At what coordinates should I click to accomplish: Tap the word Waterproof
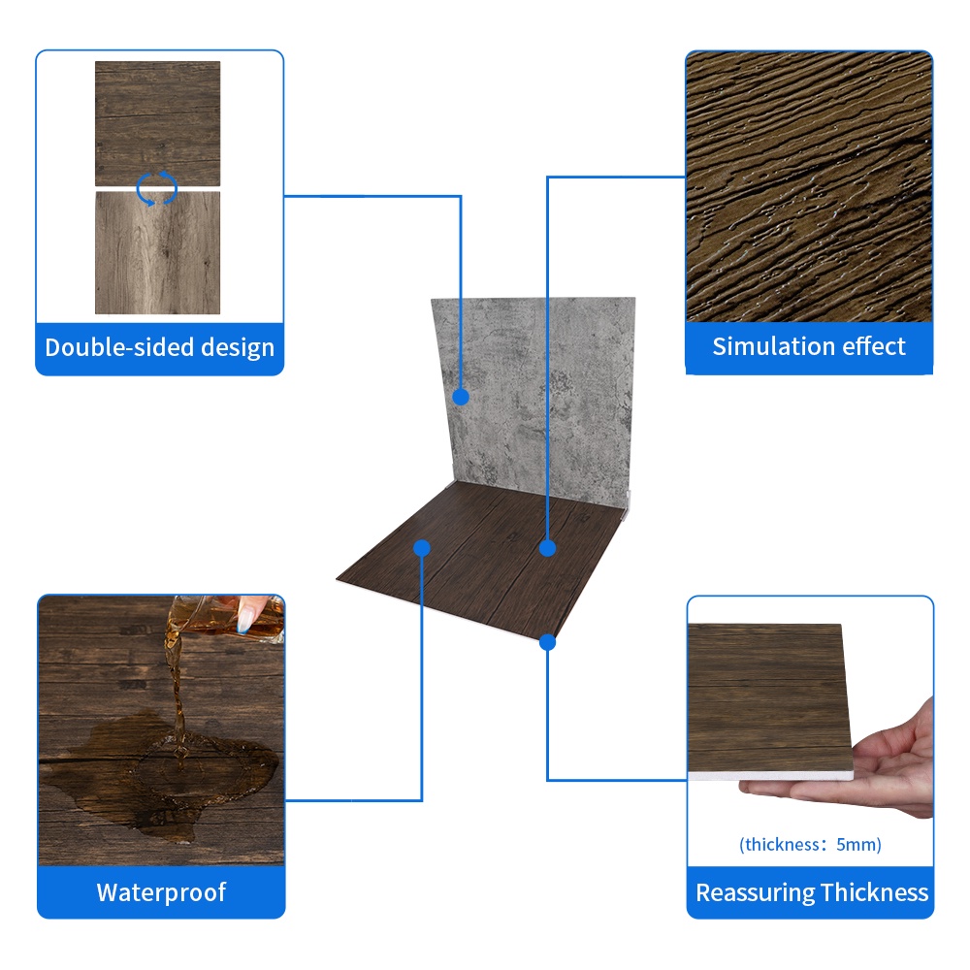pyautogui.click(x=161, y=892)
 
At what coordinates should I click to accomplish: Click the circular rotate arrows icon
pyautogui.click(x=156, y=188)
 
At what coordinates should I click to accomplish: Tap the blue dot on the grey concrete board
pyautogui.click(x=460, y=397)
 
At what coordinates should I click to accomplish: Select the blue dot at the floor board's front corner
pyautogui.click(x=547, y=643)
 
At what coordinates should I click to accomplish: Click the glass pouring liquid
pyautogui.click(x=229, y=619)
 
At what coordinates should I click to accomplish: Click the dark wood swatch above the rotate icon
pyautogui.click(x=157, y=123)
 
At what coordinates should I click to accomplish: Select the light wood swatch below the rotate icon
pyautogui.click(x=157, y=252)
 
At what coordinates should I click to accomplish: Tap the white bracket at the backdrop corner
pyautogui.click(x=628, y=504)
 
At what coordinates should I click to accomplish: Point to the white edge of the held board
pyautogui.click(x=771, y=776)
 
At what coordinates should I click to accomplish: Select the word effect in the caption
pyautogui.click(x=876, y=346)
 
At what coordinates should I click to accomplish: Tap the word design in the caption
pyautogui.click(x=238, y=347)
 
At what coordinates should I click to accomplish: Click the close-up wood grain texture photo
pyautogui.click(x=809, y=186)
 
